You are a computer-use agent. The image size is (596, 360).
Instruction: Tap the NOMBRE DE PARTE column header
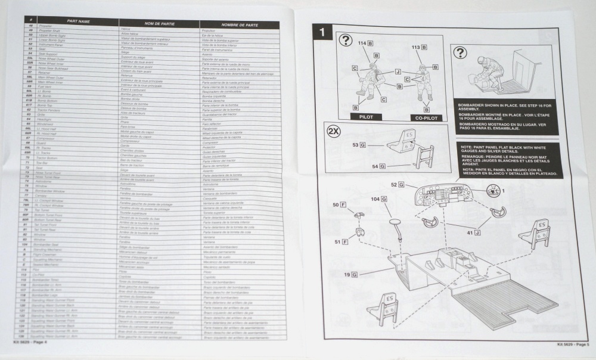tap(238, 24)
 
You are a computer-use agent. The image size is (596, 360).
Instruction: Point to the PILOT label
tap(365, 117)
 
